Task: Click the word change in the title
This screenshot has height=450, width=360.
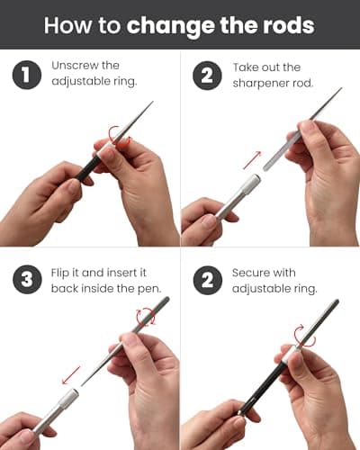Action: point(170,26)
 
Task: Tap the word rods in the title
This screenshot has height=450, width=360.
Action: point(289,25)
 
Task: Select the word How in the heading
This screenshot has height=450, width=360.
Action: point(67,25)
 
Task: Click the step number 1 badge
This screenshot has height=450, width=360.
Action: point(27,75)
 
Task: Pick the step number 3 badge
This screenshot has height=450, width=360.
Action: point(27,279)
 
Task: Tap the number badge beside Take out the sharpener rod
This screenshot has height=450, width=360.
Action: point(207,76)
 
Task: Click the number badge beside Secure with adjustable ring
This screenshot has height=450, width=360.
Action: point(208,280)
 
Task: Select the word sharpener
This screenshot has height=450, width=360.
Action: point(260,84)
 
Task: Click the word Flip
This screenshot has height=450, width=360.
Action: point(60,273)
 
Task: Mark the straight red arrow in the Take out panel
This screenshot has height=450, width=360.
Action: point(252,160)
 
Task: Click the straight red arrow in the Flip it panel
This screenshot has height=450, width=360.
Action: point(71,375)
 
